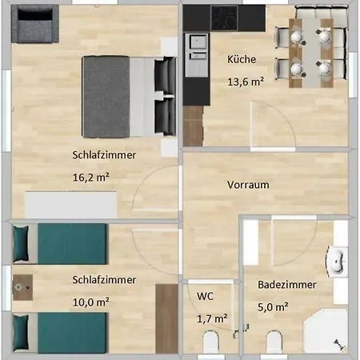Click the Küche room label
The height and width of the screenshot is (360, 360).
pos(242,59)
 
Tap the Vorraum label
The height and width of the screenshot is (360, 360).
pos(248,185)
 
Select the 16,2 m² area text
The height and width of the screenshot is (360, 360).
pos(91,177)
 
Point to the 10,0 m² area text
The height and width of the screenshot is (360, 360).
pos(91,302)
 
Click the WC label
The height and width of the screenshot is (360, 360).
pos(205,296)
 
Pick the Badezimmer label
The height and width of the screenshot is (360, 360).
pos(287,285)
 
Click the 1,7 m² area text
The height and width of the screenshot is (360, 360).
pos(212,318)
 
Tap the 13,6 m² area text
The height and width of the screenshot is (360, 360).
pos(246,82)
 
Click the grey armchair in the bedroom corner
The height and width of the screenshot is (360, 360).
pos(35,24)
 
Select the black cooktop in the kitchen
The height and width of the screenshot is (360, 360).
pos(224,18)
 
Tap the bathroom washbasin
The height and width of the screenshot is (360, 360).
pos(337,262)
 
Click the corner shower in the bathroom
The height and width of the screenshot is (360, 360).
pos(326,331)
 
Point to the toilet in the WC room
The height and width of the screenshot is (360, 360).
pos(211,342)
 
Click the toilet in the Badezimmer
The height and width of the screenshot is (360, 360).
pos(274,342)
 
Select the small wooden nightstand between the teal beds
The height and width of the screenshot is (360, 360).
pos(22,287)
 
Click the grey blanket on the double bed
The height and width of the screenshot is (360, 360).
pos(106,97)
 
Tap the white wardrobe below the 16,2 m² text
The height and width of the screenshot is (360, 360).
pos(71,205)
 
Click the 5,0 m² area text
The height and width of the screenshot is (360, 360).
pos(273,307)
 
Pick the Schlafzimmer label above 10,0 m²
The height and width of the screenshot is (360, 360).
pos(104,280)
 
